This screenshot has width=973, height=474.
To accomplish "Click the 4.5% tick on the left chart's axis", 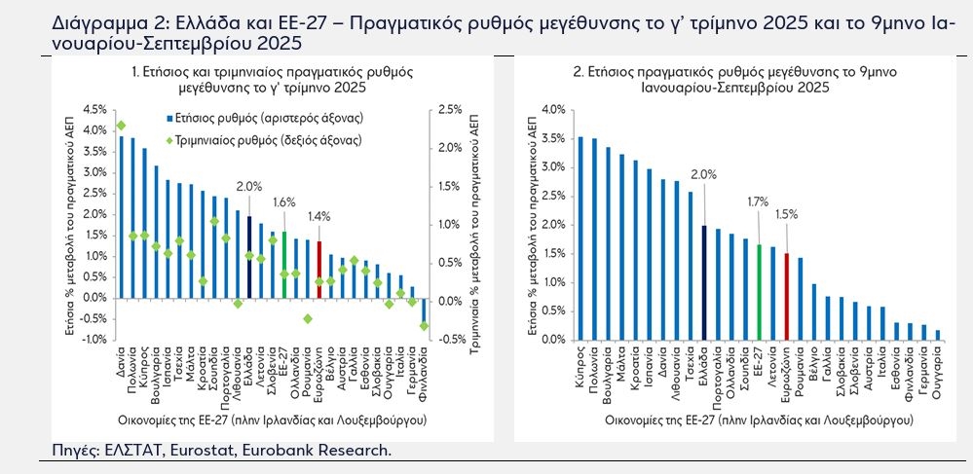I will point(95,109).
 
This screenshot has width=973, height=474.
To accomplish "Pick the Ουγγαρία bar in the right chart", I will point(938,335).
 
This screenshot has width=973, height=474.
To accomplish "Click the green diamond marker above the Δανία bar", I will point(121,126).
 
